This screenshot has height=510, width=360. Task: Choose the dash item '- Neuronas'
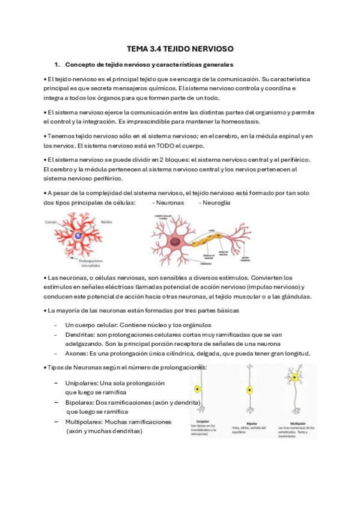click(168, 203)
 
